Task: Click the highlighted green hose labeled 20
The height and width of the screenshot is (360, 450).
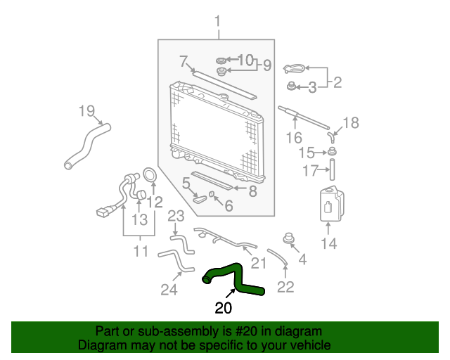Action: (x=238, y=280)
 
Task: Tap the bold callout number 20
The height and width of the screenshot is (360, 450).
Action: (x=224, y=308)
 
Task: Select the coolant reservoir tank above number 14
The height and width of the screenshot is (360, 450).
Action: (x=332, y=204)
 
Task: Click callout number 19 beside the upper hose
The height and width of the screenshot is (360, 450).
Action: (x=86, y=111)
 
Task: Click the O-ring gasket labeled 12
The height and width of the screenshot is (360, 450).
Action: (x=150, y=175)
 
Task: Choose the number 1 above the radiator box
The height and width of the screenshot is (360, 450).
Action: (x=218, y=22)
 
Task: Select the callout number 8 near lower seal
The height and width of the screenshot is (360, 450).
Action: (x=252, y=191)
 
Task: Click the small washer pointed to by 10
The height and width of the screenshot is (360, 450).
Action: (x=221, y=60)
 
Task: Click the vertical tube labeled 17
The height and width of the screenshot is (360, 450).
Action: (x=332, y=169)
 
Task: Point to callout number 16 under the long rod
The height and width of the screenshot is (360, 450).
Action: (x=294, y=138)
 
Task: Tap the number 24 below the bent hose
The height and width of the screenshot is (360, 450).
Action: (x=169, y=290)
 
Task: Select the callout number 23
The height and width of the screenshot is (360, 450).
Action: (x=176, y=216)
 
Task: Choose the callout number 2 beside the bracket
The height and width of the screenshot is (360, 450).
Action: (x=337, y=82)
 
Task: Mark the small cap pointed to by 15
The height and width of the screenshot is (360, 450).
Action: (x=332, y=151)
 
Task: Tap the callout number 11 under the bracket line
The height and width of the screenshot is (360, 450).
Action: (x=141, y=251)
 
